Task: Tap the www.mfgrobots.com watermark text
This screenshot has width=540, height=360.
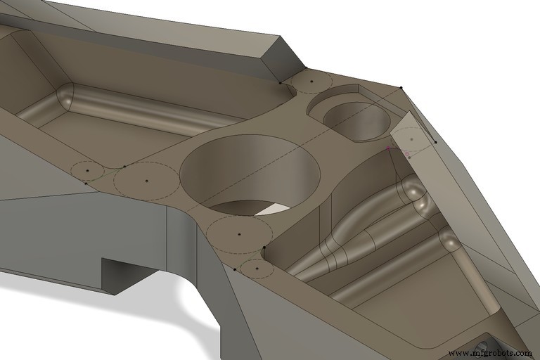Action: click(x=489, y=352)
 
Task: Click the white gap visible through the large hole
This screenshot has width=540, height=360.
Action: click(x=271, y=209)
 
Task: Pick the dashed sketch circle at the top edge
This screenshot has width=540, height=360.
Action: click(x=311, y=82)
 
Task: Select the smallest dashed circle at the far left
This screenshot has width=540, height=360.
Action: click(x=87, y=170)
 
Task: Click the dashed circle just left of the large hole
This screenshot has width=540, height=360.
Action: click(x=146, y=181)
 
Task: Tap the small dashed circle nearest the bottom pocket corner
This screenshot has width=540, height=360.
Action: click(x=257, y=268)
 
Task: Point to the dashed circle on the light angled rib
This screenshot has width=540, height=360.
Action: click(x=411, y=139)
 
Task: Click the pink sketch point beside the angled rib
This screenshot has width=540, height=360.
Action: click(x=389, y=149)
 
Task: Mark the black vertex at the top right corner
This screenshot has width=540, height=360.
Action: click(x=401, y=88)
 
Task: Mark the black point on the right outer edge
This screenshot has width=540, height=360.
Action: click(x=435, y=142)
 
